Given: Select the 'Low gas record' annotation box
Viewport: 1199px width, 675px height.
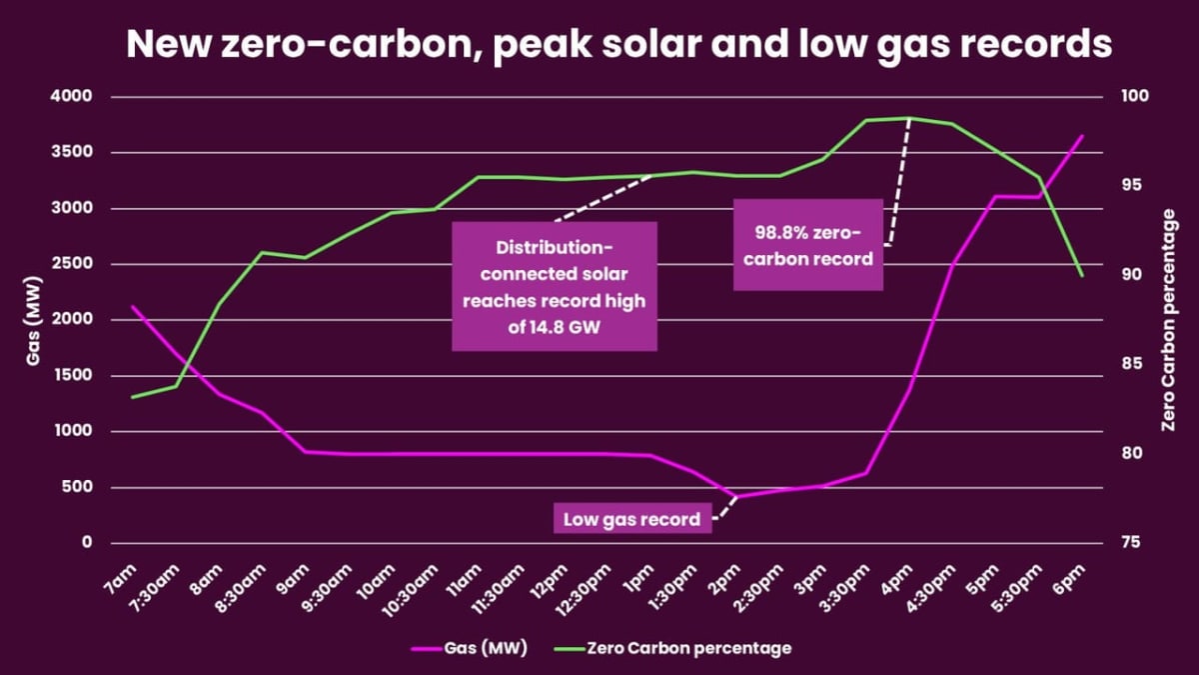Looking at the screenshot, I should pos(631,519).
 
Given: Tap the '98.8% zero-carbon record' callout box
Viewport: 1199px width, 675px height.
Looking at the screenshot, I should pos(808,245).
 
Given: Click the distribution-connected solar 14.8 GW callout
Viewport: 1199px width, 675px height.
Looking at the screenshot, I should pos(555,287).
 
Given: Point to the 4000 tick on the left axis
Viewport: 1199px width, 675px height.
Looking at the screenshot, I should pos(72,97).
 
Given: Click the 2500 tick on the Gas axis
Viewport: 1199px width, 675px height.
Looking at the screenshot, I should pos(72,265).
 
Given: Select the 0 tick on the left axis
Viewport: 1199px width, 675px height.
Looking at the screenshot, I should pos(86,543).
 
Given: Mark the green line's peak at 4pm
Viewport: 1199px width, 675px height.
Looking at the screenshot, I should pos(909,118).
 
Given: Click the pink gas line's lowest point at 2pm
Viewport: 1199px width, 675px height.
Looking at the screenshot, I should pos(737,496).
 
